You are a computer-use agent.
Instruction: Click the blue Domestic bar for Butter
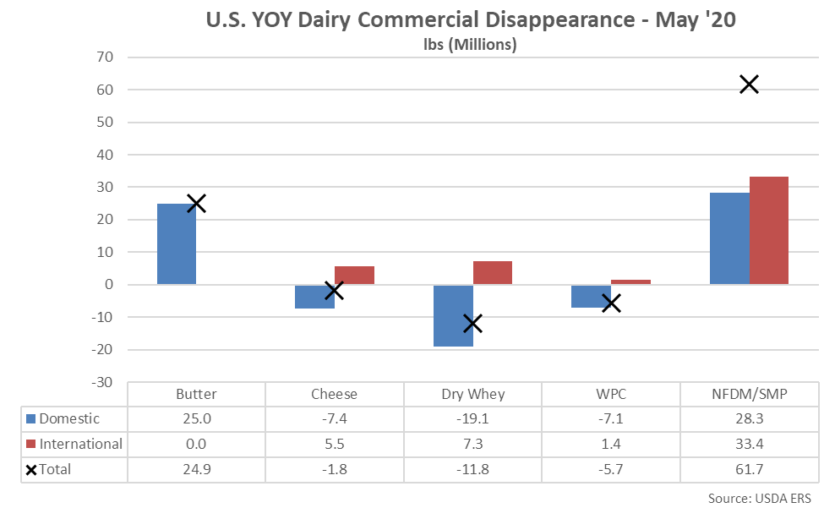(177, 243)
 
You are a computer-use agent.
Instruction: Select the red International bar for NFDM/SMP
(768, 230)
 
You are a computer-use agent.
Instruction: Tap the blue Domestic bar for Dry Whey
(453, 315)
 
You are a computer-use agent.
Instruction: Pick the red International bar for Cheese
(354, 276)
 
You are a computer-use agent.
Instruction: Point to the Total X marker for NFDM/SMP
(749, 85)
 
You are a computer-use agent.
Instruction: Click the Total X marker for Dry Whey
(472, 323)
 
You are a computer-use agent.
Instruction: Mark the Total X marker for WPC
(611, 303)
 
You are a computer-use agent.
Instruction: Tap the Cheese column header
(334, 394)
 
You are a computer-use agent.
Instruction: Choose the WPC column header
(611, 394)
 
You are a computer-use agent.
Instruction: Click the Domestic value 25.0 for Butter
(196, 419)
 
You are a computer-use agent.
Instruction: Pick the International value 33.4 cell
(749, 445)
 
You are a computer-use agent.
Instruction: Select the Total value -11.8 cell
(472, 470)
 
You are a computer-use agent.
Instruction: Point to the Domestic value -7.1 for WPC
(611, 419)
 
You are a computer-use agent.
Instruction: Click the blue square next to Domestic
(31, 419)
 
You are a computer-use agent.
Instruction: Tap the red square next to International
(31, 445)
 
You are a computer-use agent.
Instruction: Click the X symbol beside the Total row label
(31, 470)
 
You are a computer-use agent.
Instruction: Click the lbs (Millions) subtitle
(471, 45)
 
